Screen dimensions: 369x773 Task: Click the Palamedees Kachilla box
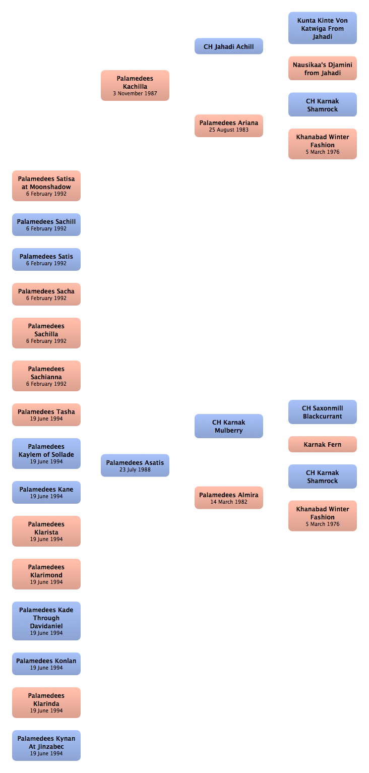(x=135, y=86)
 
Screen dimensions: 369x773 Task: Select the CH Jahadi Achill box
(x=229, y=46)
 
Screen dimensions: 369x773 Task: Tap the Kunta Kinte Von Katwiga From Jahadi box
(x=323, y=28)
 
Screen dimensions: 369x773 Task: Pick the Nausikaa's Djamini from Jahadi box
(x=323, y=69)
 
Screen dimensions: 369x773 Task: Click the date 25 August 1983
(x=229, y=130)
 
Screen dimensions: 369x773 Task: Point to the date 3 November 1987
(x=135, y=93)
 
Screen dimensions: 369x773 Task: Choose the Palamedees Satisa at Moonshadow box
(x=46, y=186)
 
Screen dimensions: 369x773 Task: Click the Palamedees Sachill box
(x=46, y=225)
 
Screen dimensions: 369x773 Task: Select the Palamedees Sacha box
(x=46, y=294)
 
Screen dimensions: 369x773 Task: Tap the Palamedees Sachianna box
(x=46, y=376)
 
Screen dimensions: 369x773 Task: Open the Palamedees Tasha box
(x=46, y=415)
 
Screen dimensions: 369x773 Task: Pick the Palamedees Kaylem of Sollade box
(x=46, y=453)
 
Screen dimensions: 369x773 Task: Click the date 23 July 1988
(x=135, y=469)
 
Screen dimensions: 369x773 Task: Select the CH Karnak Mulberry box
(x=229, y=426)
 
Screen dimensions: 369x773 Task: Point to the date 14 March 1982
(x=229, y=502)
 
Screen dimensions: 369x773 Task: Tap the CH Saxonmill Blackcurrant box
(x=323, y=412)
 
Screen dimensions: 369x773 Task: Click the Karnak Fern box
(x=323, y=444)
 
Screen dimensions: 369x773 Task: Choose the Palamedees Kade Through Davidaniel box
(x=46, y=621)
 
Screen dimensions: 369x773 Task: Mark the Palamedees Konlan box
(x=46, y=664)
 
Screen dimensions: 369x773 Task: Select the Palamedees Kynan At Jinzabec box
(x=46, y=745)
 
